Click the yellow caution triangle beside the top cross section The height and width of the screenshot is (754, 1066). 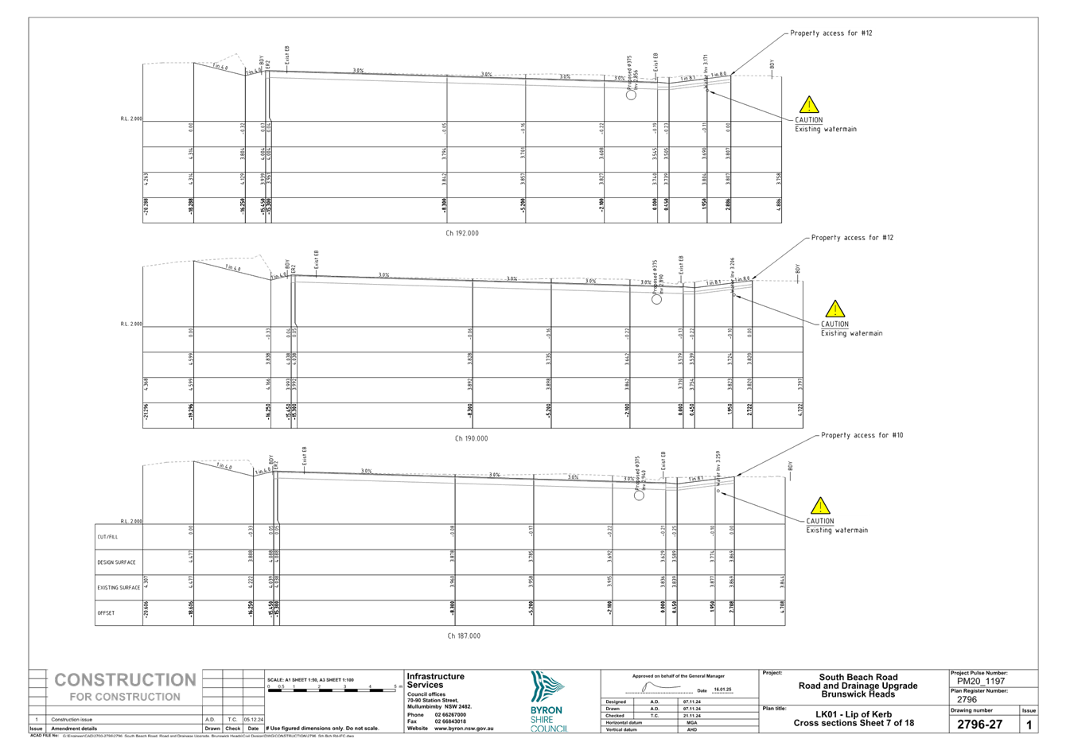[809, 105]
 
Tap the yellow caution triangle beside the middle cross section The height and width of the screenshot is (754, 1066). [835, 309]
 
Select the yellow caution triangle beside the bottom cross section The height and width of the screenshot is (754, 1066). [820, 506]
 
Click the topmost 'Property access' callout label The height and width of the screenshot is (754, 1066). [832, 33]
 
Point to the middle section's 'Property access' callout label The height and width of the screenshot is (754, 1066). [852, 238]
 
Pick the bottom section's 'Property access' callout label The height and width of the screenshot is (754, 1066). [862, 435]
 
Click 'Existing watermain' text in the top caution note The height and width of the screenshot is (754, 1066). [827, 129]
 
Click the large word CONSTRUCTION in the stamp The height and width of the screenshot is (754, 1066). [125, 680]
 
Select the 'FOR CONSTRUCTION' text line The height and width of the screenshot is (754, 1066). [125, 698]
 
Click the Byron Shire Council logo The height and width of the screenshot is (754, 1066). [549, 701]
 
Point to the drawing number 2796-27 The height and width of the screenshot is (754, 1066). [979, 725]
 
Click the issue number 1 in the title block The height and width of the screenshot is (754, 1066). [1029, 725]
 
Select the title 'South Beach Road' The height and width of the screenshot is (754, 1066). [858, 678]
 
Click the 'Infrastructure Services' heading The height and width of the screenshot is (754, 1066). [434, 680]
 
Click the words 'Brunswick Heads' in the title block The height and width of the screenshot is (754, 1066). [858, 694]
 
